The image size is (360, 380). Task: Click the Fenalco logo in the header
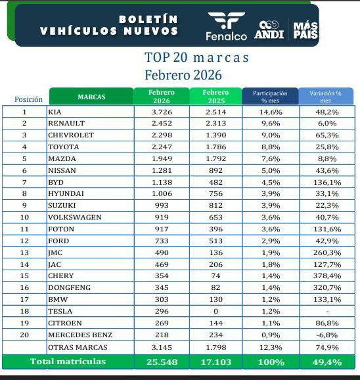click(x=225, y=26)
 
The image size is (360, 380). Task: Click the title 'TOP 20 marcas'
click(x=196, y=57)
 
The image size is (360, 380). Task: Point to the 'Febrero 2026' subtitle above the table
click(x=183, y=75)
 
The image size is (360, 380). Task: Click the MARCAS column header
click(x=91, y=97)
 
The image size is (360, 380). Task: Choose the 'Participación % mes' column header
click(x=270, y=97)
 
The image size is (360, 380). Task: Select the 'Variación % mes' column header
click(x=325, y=97)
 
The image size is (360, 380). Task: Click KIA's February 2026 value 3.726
click(x=161, y=112)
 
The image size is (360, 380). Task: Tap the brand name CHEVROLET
click(x=71, y=135)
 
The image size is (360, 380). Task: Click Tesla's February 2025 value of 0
click(x=215, y=311)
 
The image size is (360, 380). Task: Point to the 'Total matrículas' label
click(x=68, y=362)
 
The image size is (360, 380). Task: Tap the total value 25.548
click(x=161, y=362)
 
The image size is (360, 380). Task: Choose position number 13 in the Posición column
click(x=24, y=252)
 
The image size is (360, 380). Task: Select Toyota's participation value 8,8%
click(x=270, y=147)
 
